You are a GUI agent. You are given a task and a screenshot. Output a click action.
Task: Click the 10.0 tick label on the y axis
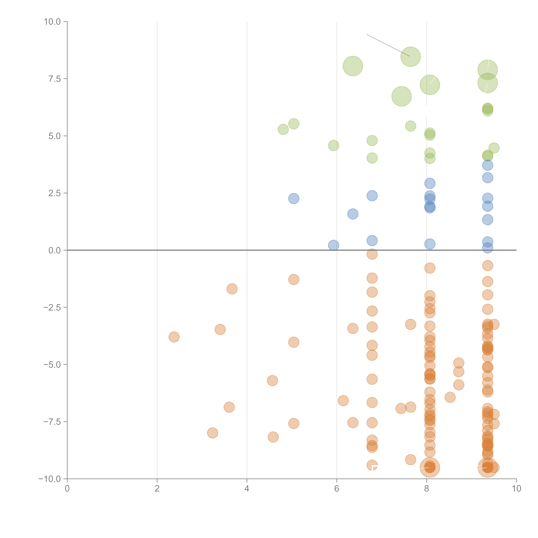tap(52, 22)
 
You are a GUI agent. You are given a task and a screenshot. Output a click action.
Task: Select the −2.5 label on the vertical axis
tap(52, 307)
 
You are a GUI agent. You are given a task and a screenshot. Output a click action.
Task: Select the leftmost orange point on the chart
tap(174, 337)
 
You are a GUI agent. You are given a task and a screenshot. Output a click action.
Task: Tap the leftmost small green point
tap(283, 129)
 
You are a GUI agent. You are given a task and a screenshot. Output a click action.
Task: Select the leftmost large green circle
tap(353, 66)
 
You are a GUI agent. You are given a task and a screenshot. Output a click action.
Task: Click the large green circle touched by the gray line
tap(410, 57)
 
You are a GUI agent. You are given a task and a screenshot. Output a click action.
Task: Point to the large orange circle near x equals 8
tap(430, 468)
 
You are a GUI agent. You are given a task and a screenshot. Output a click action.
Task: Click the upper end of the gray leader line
tap(367, 35)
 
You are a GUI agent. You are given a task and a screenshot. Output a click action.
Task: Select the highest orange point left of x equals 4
tap(232, 289)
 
